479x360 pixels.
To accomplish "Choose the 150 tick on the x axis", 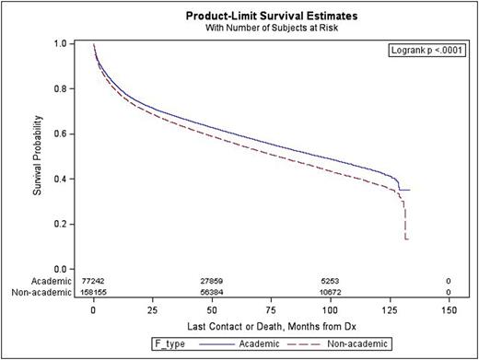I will click(x=447, y=310).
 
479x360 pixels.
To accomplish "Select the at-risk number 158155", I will click(x=94, y=291).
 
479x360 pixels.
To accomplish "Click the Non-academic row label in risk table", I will click(x=38, y=291).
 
